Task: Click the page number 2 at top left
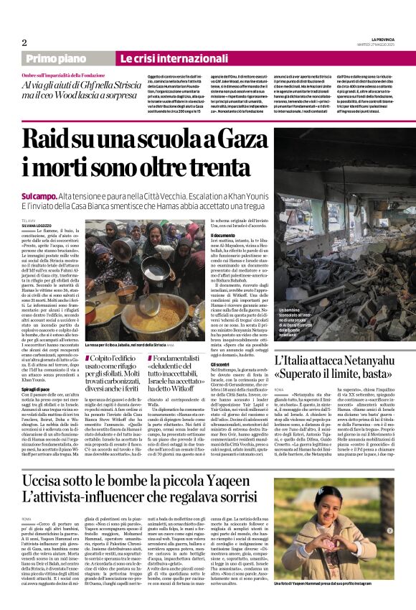[24, 42]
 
